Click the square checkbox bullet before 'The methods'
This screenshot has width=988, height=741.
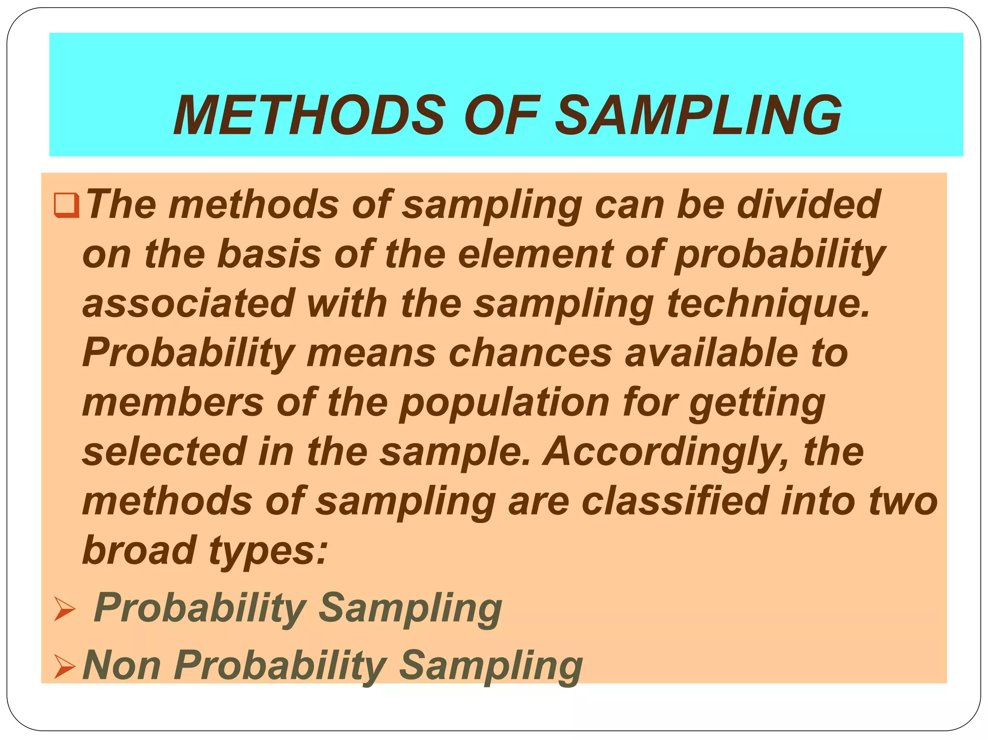click(67, 206)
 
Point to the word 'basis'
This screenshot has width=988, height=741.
click(269, 254)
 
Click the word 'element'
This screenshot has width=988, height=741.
click(535, 254)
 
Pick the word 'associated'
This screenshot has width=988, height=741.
click(189, 303)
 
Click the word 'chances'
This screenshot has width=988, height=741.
click(530, 353)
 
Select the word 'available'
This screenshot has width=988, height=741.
click(712, 353)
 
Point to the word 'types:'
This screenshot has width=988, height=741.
click(268, 551)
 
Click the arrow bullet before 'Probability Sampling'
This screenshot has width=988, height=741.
click(65, 609)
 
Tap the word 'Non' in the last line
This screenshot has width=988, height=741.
click(122, 665)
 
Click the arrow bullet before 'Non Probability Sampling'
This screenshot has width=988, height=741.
click(65, 666)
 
